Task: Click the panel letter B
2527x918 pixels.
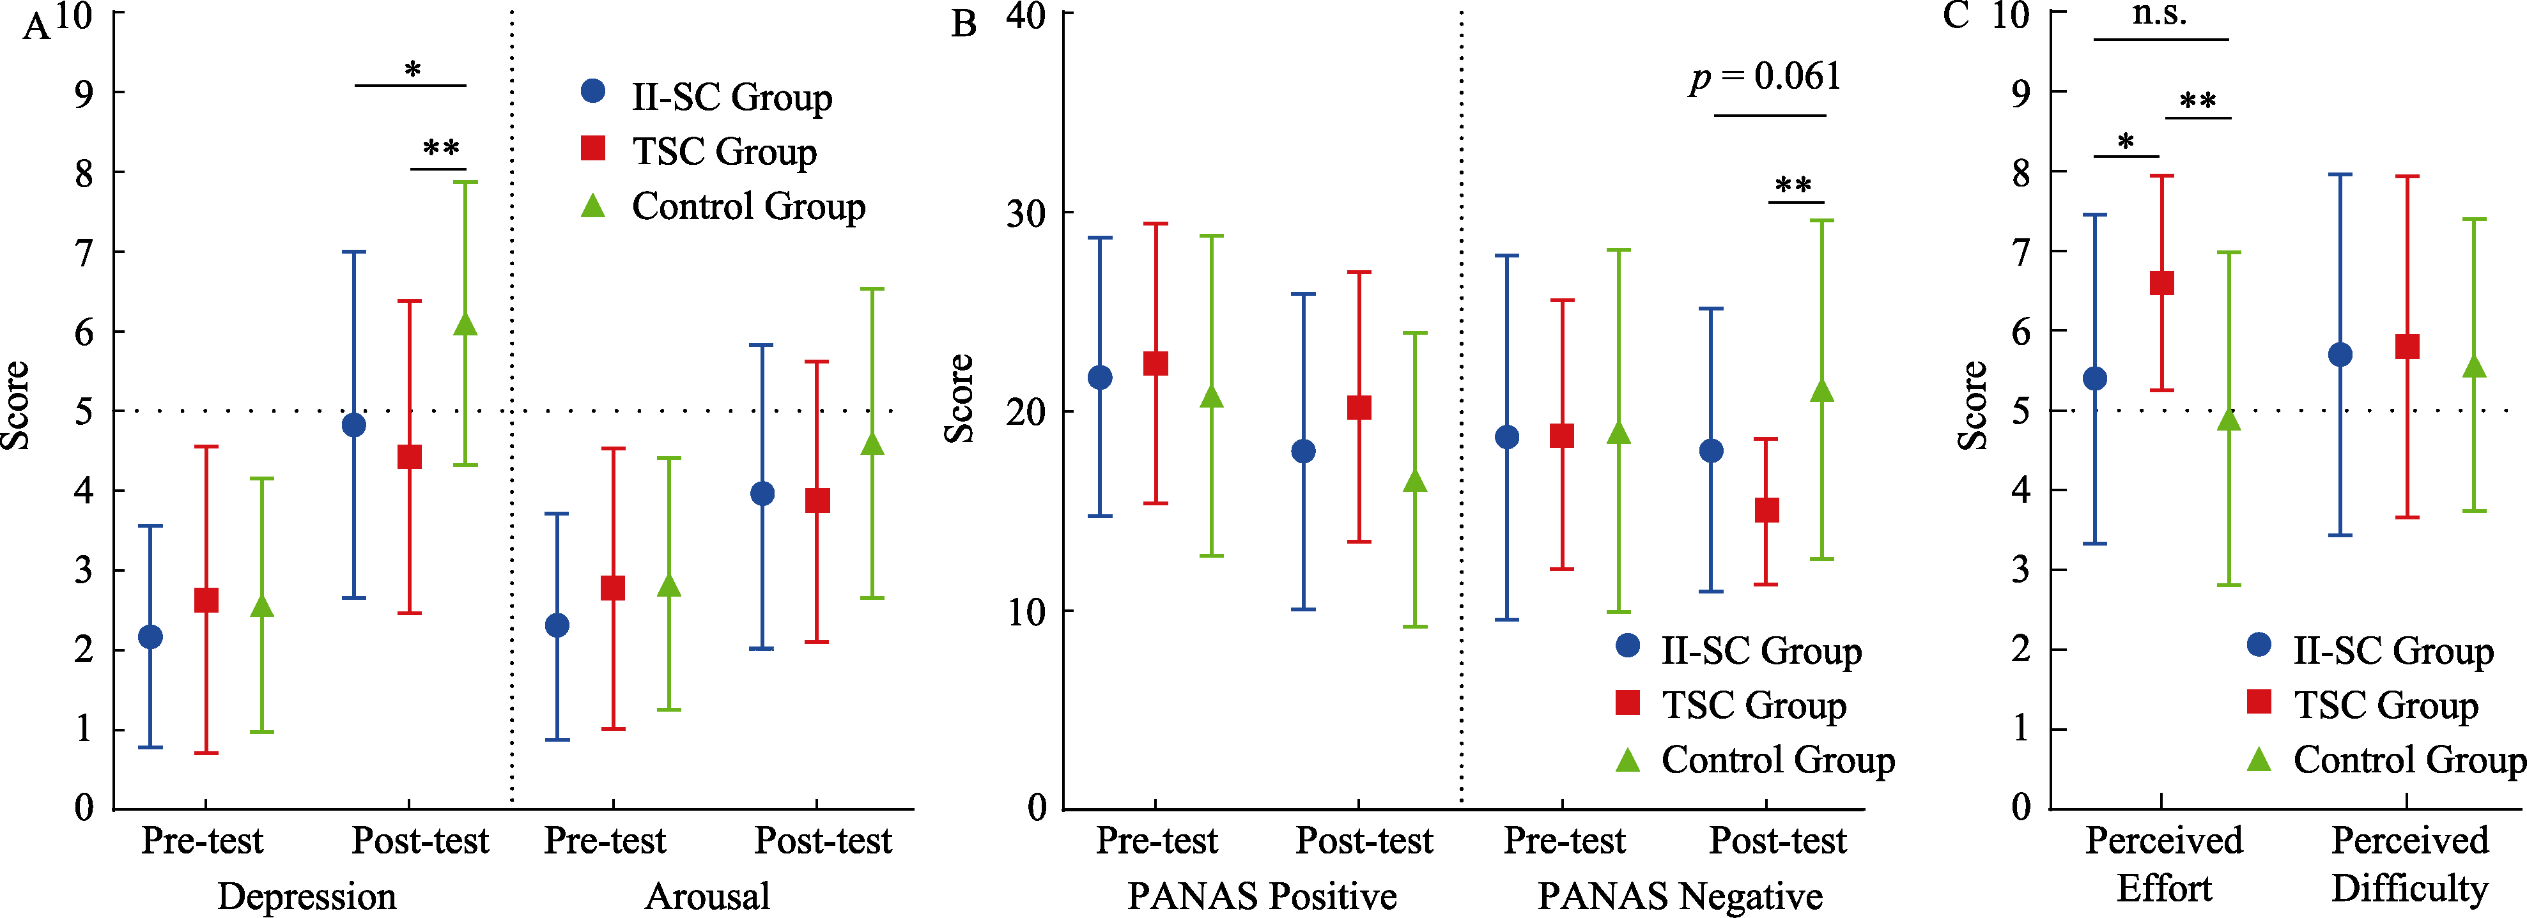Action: coord(964,24)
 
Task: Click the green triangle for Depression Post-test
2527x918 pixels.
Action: coord(465,325)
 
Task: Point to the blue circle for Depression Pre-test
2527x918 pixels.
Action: coord(150,636)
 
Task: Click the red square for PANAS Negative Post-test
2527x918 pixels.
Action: coord(1766,510)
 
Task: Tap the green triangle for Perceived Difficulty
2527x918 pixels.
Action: coord(2474,367)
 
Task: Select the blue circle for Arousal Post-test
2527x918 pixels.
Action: coord(762,493)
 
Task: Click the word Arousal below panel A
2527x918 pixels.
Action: coord(707,896)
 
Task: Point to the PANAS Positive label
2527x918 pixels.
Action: coord(1262,896)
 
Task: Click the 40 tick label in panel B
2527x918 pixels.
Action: coord(1025,18)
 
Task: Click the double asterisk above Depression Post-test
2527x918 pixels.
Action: coord(440,149)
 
